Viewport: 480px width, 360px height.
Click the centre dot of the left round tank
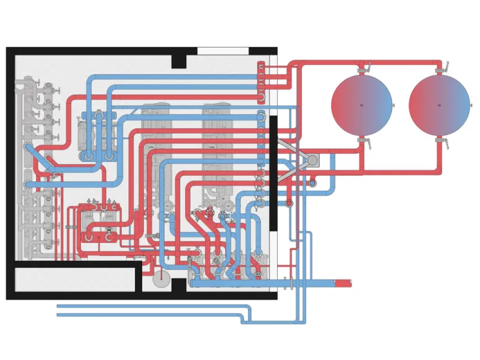[362, 105]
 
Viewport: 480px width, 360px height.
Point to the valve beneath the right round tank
[440, 141]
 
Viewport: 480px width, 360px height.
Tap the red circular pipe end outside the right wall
[289, 203]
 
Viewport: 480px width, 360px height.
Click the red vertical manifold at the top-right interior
[261, 82]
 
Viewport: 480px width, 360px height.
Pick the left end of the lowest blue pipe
[58, 314]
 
